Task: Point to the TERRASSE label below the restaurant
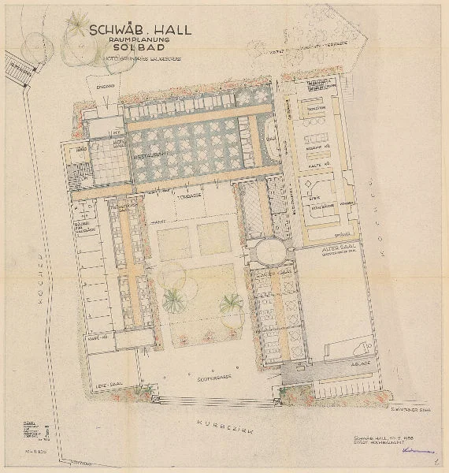tap(186, 194)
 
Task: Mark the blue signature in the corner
tap(411, 451)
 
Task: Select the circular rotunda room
tap(270, 253)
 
